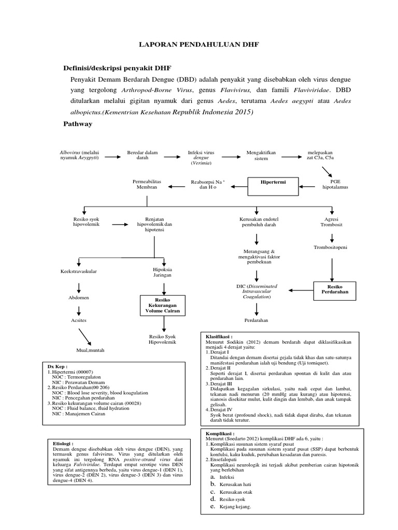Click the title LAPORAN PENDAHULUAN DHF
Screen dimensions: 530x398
point(198,45)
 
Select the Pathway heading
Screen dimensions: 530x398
point(78,124)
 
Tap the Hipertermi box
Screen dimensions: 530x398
point(274,183)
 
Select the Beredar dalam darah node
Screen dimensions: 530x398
point(143,155)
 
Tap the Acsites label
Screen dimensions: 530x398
point(78,321)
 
